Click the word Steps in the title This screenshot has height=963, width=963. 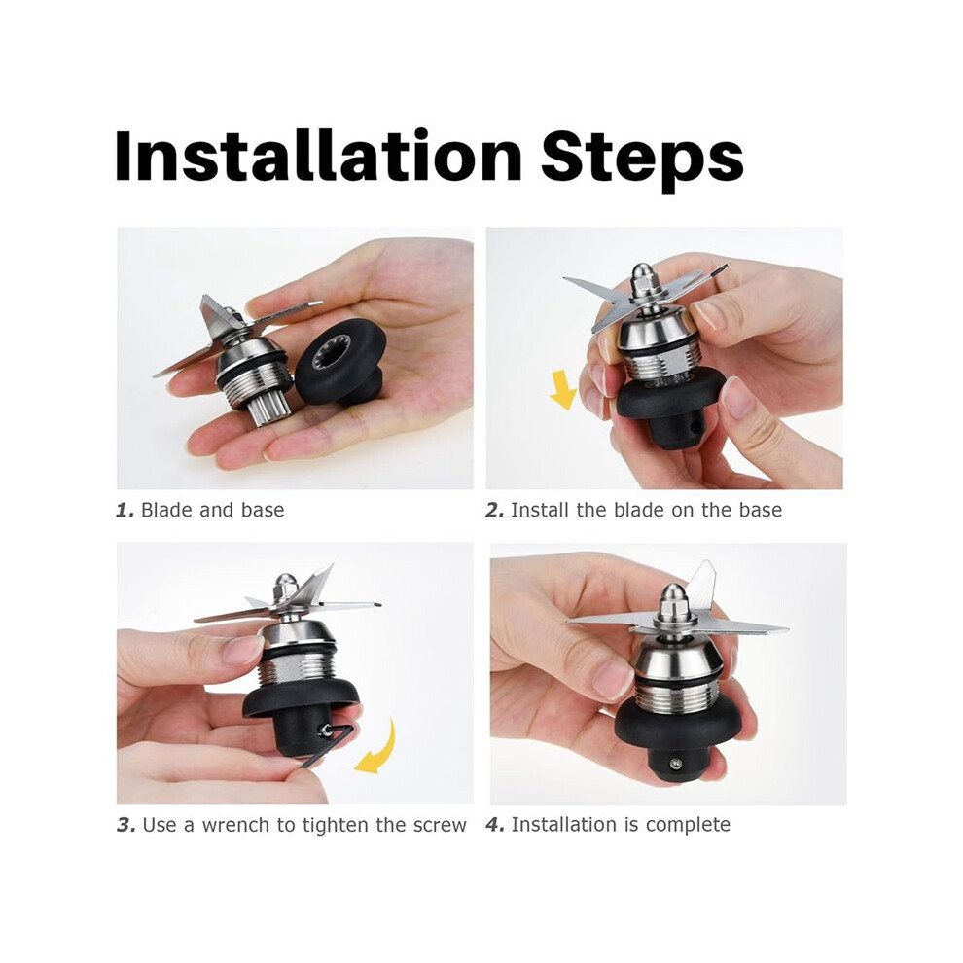[x=642, y=160]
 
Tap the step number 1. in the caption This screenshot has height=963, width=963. [x=125, y=510]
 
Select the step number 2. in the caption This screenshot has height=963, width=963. [x=494, y=510]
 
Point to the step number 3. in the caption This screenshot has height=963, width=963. [x=125, y=825]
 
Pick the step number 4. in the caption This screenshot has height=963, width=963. [x=495, y=824]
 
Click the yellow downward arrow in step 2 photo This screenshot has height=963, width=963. [x=562, y=389]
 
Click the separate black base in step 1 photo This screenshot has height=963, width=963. [x=341, y=365]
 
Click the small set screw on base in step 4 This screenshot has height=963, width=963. [x=675, y=764]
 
